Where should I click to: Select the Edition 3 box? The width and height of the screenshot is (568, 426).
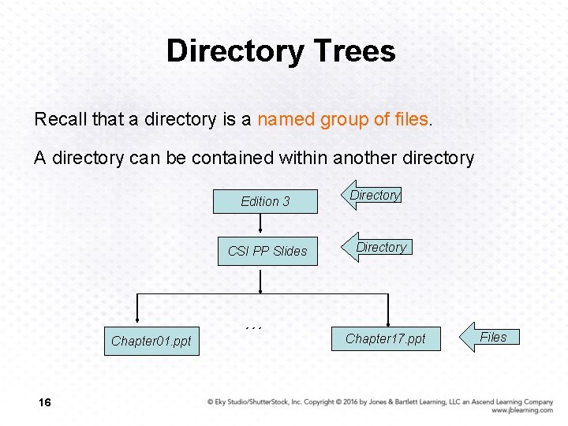(265, 201)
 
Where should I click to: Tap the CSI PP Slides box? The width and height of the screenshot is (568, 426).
(267, 251)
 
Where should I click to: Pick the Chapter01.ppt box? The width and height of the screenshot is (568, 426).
(151, 341)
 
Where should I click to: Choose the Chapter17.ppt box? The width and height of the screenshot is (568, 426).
(385, 338)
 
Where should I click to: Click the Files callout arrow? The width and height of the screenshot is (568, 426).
(490, 338)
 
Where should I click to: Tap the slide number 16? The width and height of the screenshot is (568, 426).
(44, 403)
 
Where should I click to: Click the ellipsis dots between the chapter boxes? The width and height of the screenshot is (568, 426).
(253, 327)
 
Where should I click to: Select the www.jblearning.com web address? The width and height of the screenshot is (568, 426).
(521, 410)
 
